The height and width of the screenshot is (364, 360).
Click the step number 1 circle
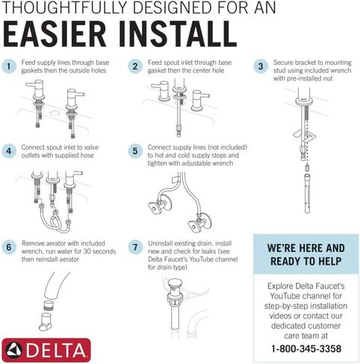pyautogui.click(x=9, y=66)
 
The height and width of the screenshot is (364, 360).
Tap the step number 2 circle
pyautogui.click(x=135, y=66)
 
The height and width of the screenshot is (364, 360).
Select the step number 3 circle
pyautogui.click(x=261, y=66)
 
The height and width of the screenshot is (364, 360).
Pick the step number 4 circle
pyautogui.click(x=9, y=151)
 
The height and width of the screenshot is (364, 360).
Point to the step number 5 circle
pyautogui.click(x=135, y=151)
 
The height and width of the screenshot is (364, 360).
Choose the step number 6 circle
pyautogui.click(x=9, y=247)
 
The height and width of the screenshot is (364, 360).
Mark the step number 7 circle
pyautogui.click(x=135, y=247)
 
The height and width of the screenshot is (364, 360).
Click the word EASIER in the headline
pyautogui.click(x=55, y=34)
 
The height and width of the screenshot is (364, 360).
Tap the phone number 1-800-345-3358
pyautogui.click(x=306, y=348)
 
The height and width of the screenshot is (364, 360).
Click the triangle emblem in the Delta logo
pyautogui.click(x=14, y=350)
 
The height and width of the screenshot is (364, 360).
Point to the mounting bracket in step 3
pyautogui.click(x=305, y=136)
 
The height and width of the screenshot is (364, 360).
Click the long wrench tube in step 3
pyautogui.click(x=308, y=193)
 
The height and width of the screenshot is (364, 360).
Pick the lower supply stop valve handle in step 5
pyautogui.click(x=195, y=226)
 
